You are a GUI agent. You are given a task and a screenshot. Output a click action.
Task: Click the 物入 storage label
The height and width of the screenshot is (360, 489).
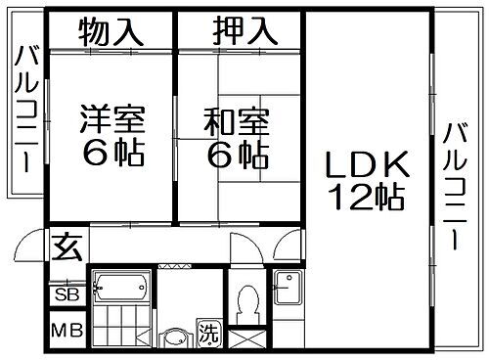(111, 32)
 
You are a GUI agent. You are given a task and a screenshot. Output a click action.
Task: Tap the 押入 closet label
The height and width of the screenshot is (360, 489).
(240, 32)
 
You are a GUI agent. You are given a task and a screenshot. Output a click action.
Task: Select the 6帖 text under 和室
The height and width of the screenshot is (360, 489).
(238, 154)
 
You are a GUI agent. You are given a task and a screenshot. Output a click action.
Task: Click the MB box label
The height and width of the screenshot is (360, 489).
(67, 330)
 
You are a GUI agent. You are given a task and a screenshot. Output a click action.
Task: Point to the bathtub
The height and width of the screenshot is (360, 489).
(120, 287)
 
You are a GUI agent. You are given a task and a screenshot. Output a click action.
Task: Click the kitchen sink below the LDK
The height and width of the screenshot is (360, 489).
(289, 288)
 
